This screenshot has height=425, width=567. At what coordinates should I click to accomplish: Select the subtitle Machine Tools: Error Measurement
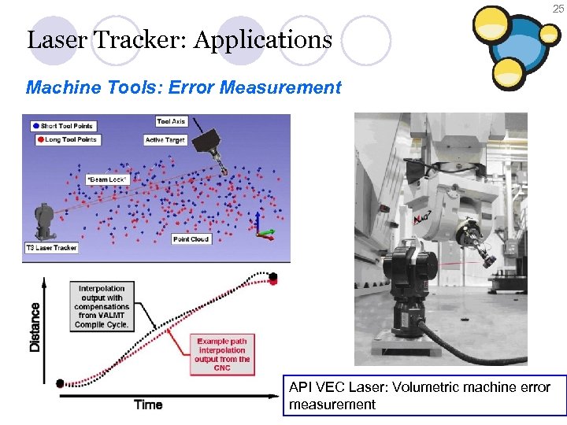pos(183,87)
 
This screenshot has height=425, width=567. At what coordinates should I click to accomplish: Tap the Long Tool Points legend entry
pos(66,139)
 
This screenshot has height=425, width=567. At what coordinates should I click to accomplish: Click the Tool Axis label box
pos(171,121)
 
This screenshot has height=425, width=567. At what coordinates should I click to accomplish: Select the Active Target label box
pos(165,140)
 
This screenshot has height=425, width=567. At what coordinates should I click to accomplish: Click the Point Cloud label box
pos(191,239)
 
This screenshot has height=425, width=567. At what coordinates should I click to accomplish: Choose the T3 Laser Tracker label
pos(51,248)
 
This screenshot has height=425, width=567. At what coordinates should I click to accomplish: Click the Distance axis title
pos(35,327)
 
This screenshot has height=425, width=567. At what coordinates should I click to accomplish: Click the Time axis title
pos(148,405)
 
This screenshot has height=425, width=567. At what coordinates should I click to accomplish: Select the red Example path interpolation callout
pos(222,355)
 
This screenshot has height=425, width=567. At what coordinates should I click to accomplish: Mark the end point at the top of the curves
pos(273,277)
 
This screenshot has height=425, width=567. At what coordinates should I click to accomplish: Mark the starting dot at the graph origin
pos(59,383)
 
